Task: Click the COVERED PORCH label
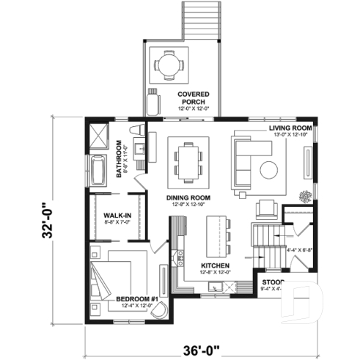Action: tap(194, 98)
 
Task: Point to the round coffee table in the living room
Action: tap(269, 169)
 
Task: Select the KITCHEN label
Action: tap(216, 265)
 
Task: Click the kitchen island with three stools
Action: tap(216, 237)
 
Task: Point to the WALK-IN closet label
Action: tap(117, 215)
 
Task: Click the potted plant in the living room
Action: tap(304, 195)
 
